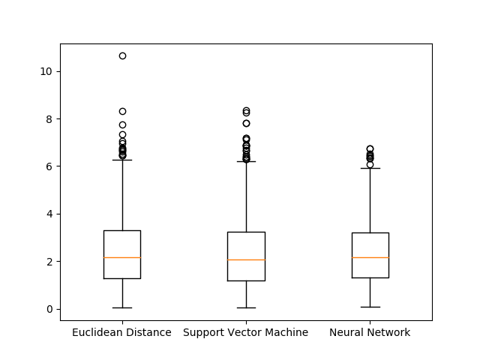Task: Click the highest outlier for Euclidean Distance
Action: point(122,55)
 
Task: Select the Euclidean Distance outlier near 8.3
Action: point(122,111)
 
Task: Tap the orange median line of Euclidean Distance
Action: point(122,257)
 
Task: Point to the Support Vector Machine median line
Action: point(246,259)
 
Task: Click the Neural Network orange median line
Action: point(370,257)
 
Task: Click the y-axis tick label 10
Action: point(46,72)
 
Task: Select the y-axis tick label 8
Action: point(49,119)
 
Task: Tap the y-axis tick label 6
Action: point(49,166)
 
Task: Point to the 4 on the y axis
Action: point(49,214)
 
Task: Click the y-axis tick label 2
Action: point(49,262)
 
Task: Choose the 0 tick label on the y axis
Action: point(49,309)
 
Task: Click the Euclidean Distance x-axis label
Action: point(121,332)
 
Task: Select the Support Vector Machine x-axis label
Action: point(245,332)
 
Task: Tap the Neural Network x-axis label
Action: point(370,332)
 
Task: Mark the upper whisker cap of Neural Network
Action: point(370,168)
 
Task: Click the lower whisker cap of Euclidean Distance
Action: point(122,307)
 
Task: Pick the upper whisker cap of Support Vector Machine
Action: point(246,161)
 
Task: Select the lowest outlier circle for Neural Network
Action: point(370,165)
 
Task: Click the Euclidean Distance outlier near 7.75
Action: point(122,124)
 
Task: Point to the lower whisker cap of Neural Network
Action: point(370,307)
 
